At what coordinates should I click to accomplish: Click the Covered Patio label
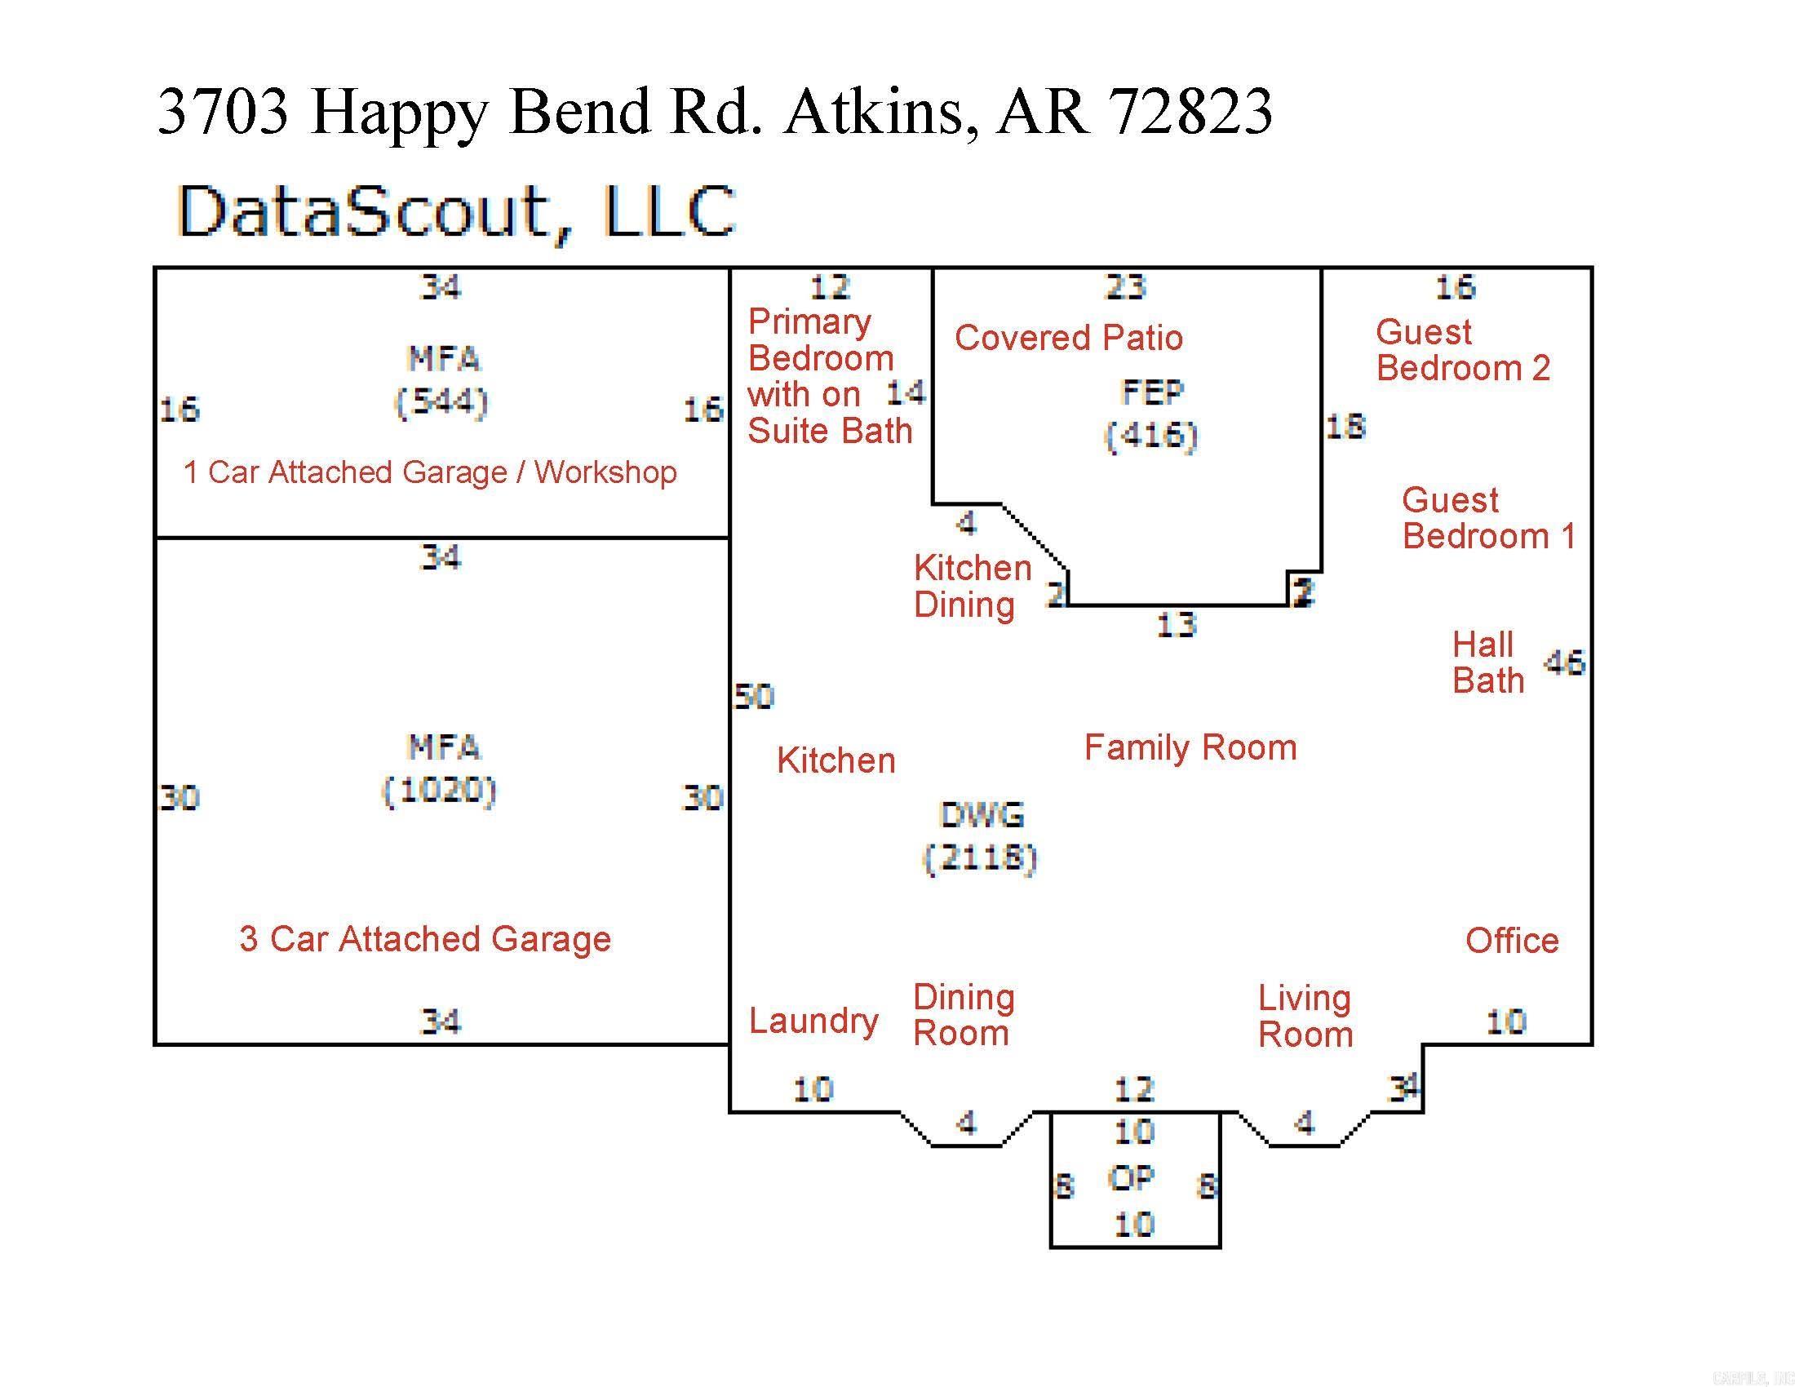point(1069,338)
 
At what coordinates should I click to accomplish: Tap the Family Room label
point(1190,747)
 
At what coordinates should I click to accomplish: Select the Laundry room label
point(813,1021)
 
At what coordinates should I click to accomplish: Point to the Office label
point(1511,941)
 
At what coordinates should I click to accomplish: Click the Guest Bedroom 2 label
point(1463,350)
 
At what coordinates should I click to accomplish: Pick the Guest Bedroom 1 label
point(1488,517)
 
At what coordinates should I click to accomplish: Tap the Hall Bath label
point(1487,662)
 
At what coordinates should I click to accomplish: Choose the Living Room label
point(1305,1017)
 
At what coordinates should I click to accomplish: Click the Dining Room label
point(964,1015)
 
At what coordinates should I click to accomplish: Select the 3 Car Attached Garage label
point(425,939)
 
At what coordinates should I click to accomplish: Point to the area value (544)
point(441,402)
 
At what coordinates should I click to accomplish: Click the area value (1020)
point(440,791)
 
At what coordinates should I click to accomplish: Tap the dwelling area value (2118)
point(980,857)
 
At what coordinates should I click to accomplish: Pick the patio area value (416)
point(1150,435)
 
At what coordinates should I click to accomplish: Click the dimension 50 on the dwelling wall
point(754,697)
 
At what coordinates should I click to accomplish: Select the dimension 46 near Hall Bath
point(1564,662)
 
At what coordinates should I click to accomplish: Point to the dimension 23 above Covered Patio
point(1125,286)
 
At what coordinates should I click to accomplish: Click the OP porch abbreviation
point(1132,1178)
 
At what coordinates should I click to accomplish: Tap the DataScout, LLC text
point(456,212)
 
